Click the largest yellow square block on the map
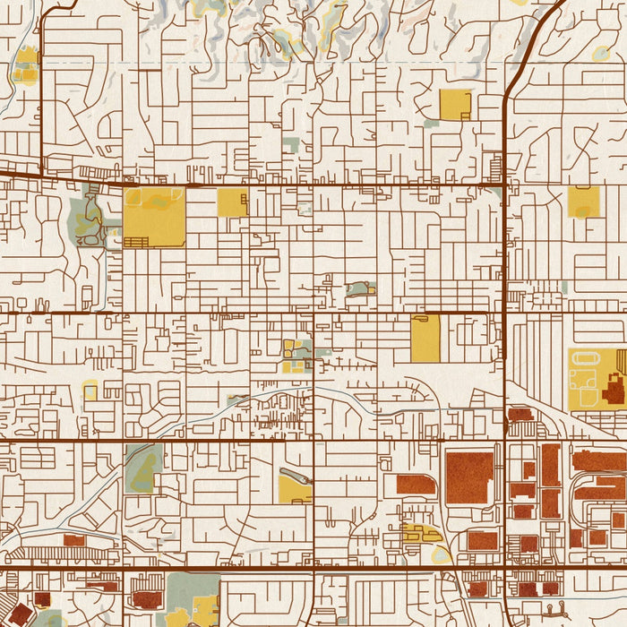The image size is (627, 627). click(x=154, y=216)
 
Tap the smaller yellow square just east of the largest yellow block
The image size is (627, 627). click(x=232, y=202)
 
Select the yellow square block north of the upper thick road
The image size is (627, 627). click(x=455, y=105)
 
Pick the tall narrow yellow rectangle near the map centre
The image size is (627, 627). click(x=425, y=339)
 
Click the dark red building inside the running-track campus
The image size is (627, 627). click(x=615, y=388)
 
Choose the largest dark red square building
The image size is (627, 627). click(x=469, y=478)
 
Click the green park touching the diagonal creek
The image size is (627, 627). click(x=142, y=468)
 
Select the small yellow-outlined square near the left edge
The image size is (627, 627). click(x=90, y=390)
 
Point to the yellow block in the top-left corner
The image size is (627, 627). click(x=27, y=64)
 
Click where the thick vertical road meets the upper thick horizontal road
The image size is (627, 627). click(x=505, y=185)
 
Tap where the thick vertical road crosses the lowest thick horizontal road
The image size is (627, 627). click(x=505, y=567)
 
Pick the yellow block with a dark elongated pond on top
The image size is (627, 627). click(x=295, y=486)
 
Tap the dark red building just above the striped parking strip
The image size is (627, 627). click(x=74, y=540)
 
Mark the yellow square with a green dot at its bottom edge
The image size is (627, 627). click(x=583, y=202)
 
